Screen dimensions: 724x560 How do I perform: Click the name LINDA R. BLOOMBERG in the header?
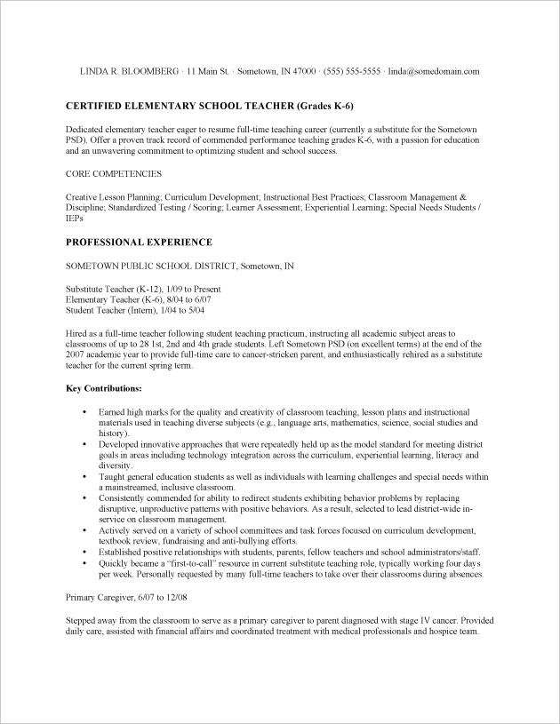point(129,71)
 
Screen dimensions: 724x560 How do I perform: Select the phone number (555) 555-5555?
point(352,71)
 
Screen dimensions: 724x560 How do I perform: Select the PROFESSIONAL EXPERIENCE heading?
point(140,242)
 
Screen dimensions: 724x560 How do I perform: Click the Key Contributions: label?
point(104,388)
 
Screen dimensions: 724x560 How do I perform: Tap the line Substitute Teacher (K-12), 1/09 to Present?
point(144,289)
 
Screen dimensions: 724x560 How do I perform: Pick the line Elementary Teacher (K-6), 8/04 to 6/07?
point(139,299)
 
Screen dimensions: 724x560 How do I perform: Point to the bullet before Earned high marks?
point(84,413)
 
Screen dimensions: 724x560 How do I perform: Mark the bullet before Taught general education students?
point(84,477)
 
